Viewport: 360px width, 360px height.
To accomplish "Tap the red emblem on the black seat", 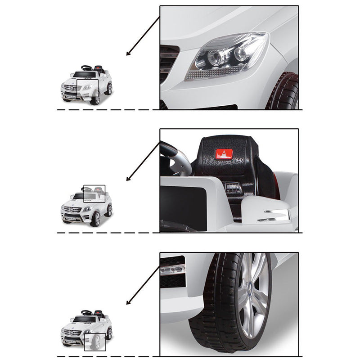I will [224, 154].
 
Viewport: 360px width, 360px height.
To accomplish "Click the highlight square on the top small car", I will [87, 88].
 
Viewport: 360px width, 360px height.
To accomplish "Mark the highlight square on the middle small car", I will [94, 194].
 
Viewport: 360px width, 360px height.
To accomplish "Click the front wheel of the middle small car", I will [95, 219].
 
